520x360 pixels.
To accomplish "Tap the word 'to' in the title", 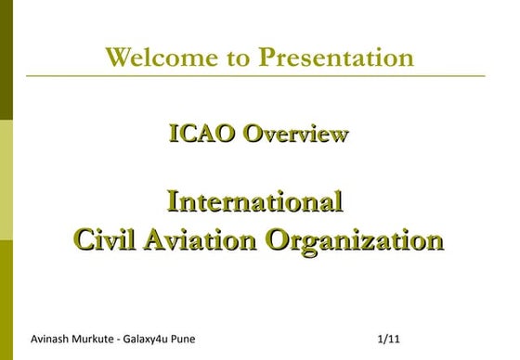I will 239,58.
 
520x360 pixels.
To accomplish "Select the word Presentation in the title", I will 335,58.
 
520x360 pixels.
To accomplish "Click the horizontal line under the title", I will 279,76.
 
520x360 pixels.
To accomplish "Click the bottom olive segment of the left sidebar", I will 6,297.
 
